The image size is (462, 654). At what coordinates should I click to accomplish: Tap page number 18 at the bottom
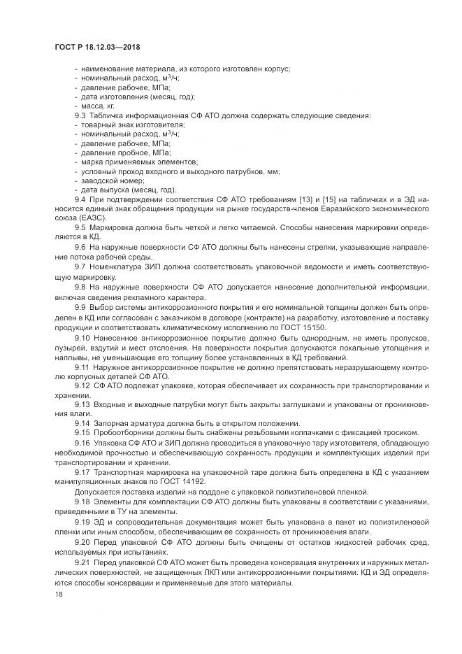[x=58, y=594]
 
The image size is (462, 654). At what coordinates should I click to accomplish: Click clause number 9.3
[x=80, y=115]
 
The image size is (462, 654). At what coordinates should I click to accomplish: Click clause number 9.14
[x=82, y=422]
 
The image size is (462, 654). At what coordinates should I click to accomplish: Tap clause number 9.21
[x=82, y=564]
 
